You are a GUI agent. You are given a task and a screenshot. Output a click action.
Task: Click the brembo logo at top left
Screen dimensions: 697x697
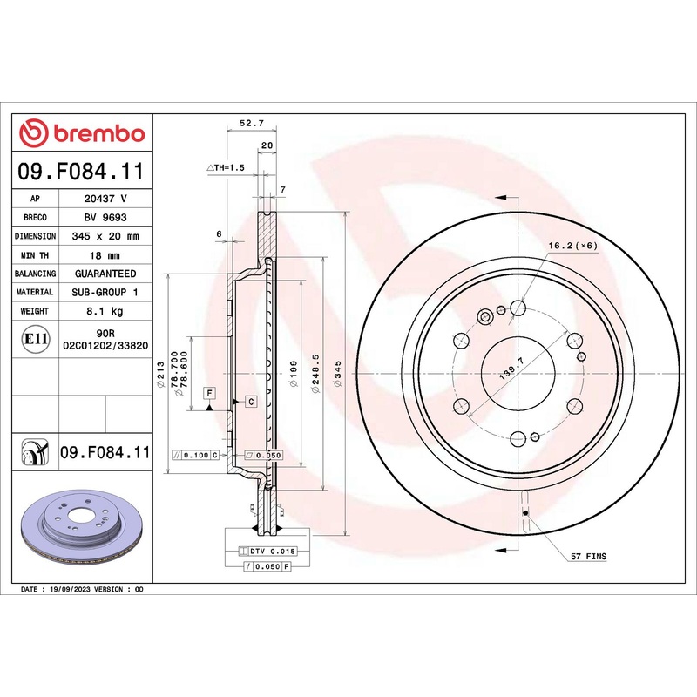point(82,133)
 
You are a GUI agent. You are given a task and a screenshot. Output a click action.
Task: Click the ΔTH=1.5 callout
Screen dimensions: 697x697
point(227,166)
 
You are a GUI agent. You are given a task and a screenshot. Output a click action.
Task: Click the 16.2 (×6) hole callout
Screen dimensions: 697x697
point(572,247)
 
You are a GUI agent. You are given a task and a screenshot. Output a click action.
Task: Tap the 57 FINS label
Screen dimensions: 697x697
point(588,555)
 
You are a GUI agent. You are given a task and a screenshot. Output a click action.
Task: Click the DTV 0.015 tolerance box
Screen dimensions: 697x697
point(274,552)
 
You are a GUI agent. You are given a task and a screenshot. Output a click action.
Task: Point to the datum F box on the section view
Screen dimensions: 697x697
point(210,393)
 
